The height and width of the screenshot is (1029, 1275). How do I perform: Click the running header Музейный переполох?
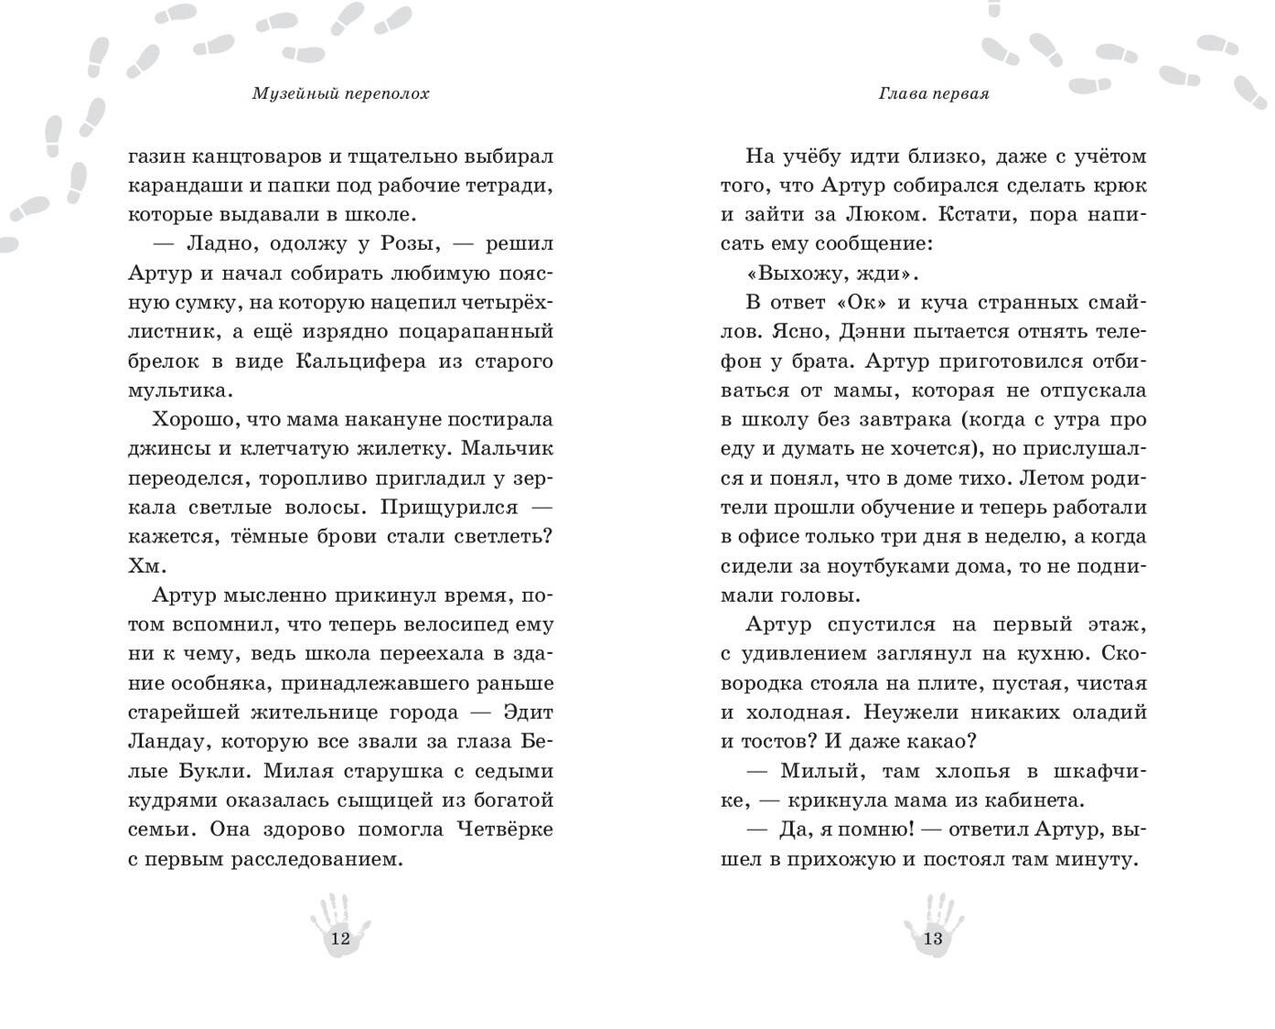339,94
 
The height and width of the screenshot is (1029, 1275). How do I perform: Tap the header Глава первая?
933,94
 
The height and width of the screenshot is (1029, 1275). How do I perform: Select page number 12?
339,938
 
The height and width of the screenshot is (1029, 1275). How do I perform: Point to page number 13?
933,938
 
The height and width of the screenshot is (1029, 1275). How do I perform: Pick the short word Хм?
145,566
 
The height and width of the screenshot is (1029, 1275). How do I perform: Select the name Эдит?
530,713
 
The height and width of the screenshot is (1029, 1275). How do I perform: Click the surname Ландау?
163,742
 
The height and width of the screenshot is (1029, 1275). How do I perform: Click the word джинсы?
161,449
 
